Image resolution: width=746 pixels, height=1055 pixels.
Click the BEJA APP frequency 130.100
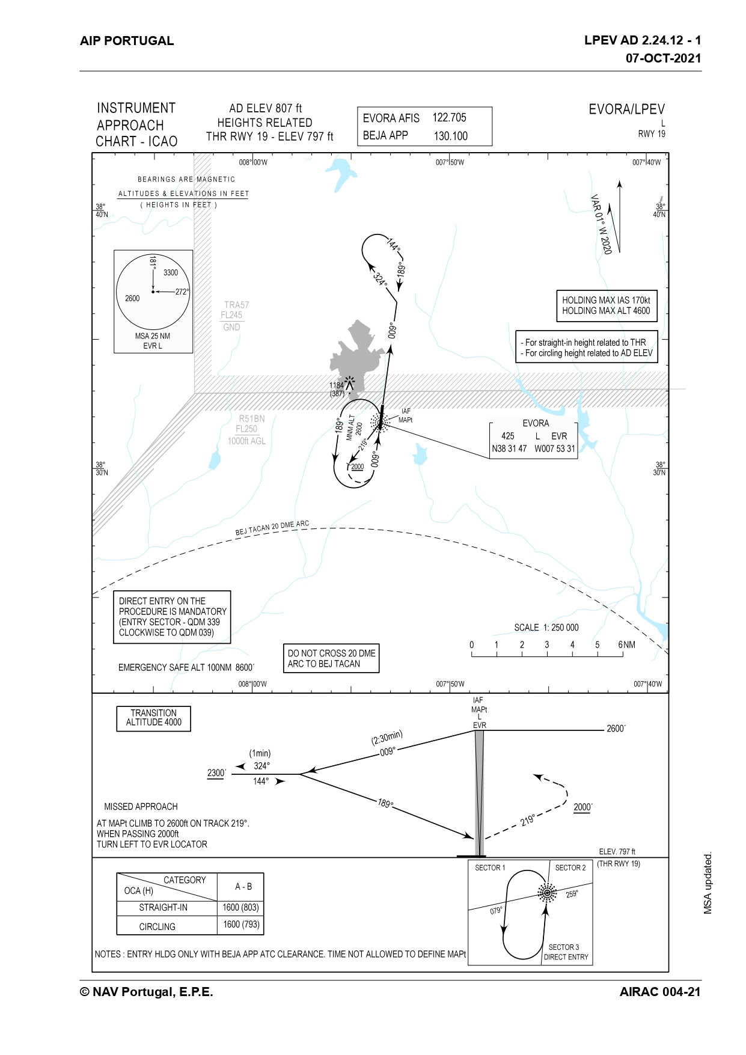[x=450, y=136]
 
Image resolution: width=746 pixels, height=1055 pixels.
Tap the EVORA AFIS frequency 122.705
[x=449, y=118]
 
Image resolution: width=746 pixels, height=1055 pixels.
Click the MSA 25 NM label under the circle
[x=152, y=336]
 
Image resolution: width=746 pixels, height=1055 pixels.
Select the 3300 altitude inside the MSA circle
[x=171, y=272]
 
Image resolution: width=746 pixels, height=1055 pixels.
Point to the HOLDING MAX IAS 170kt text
[x=605, y=300]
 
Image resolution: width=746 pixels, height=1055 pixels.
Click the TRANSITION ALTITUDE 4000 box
[x=153, y=718]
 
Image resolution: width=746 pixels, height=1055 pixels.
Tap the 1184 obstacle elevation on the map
[x=337, y=385]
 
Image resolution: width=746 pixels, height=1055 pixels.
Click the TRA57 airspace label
[x=236, y=305]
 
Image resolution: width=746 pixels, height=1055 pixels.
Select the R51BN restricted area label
[x=251, y=418]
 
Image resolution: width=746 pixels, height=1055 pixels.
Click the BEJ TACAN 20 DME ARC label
[x=272, y=528]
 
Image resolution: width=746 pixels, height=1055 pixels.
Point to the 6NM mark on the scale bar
[x=626, y=644]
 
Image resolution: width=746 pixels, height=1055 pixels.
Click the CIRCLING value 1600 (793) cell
[x=241, y=925]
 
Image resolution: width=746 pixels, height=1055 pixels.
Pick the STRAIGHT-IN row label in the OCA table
[x=163, y=908]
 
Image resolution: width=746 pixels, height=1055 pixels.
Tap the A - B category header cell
[x=243, y=887]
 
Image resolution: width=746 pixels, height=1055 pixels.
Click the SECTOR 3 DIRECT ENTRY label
[x=565, y=952]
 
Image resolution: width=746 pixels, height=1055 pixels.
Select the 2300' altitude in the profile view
[x=216, y=773]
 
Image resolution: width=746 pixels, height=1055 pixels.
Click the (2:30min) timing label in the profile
[x=387, y=737]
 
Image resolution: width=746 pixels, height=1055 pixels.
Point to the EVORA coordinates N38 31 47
[x=509, y=448]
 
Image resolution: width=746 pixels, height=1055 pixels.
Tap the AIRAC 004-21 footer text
[x=659, y=992]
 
